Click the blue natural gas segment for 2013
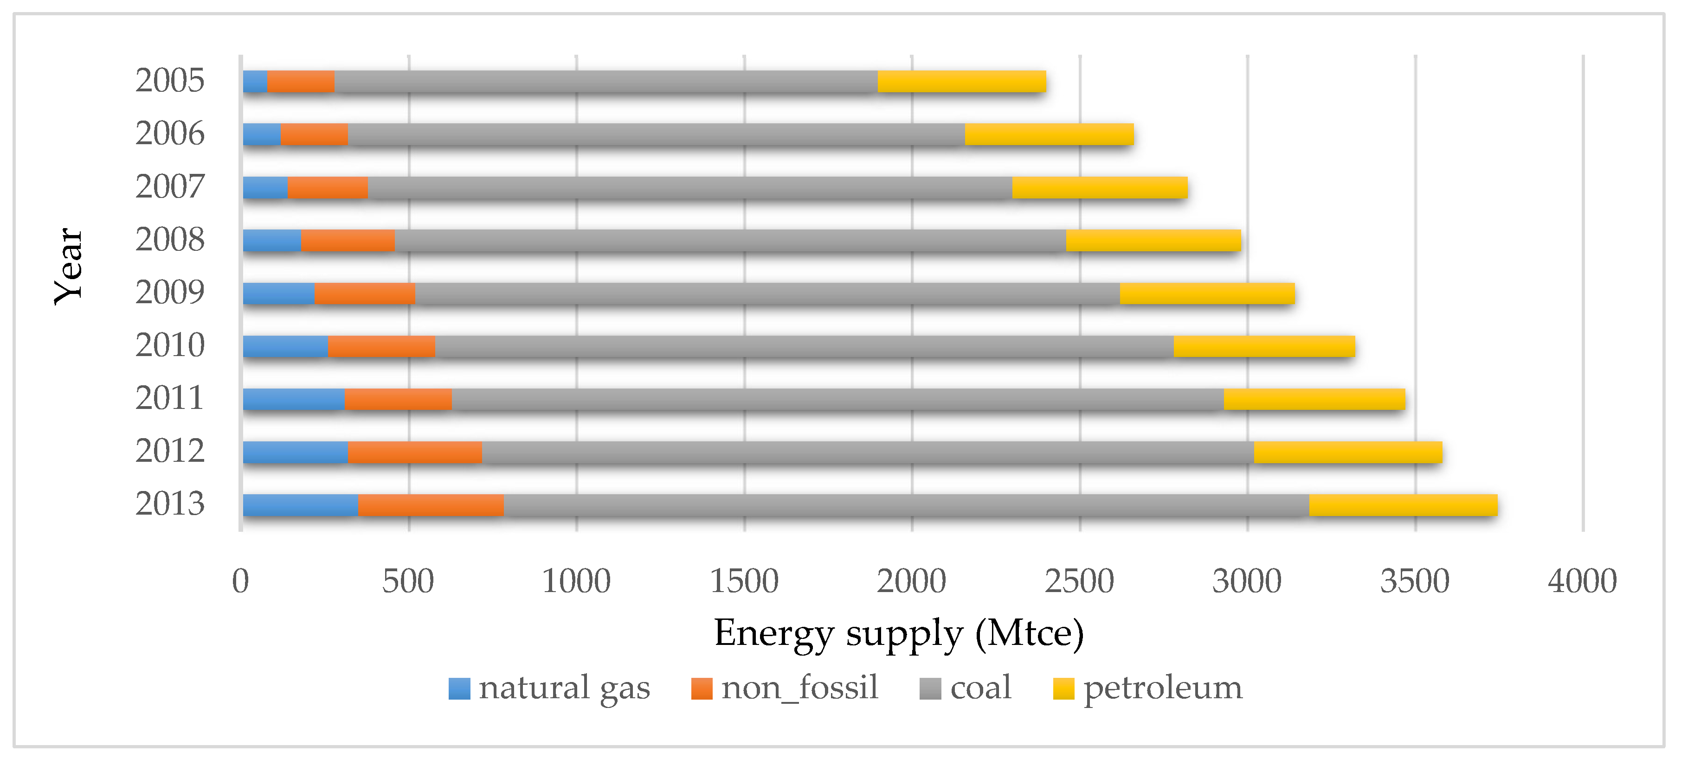[300, 505]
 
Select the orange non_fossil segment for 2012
[414, 453]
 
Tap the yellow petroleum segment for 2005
[961, 82]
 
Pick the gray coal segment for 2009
[767, 293]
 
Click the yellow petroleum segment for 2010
[1264, 346]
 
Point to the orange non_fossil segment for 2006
[314, 134]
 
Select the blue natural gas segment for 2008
[271, 241]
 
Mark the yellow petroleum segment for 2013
[1403, 505]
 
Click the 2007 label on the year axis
[170, 187]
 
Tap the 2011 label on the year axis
[170, 398]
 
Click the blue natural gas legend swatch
[459, 688]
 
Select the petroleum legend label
[1163, 688]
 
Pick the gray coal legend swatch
[930, 688]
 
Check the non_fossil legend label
[800, 688]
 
